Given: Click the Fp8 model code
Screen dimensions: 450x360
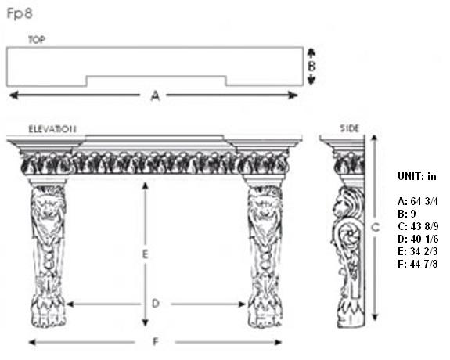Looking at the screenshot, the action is tap(20, 13).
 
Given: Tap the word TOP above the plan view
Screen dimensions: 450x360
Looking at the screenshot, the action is tap(37, 40).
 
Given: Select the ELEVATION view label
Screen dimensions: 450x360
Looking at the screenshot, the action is tap(52, 129).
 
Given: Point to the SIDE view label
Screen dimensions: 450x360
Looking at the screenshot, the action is tap(350, 128).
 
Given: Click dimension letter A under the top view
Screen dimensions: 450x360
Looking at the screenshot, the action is tap(155, 95).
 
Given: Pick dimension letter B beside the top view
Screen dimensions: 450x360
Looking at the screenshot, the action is tap(311, 67).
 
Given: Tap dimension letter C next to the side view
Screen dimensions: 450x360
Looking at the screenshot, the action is tap(376, 228).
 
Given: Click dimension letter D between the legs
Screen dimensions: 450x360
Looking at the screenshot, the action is tap(155, 303).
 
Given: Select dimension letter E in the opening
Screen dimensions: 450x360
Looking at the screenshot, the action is tap(146, 254).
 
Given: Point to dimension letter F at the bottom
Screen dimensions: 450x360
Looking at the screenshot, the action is tap(155, 342).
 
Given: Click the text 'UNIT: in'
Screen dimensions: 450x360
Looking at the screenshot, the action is tap(417, 176).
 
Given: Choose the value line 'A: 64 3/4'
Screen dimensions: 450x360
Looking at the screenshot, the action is tap(418, 201).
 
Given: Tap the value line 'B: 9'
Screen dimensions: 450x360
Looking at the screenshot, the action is tap(407, 214).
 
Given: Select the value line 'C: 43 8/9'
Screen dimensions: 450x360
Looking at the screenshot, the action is tap(418, 226).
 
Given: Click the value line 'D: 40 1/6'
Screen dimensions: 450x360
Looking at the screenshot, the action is tap(418, 239).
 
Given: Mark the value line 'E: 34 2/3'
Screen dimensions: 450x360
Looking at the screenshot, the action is tap(418, 251).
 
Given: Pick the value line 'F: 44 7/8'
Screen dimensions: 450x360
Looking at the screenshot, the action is tap(418, 264).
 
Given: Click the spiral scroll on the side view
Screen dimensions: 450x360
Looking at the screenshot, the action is tap(349, 236).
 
